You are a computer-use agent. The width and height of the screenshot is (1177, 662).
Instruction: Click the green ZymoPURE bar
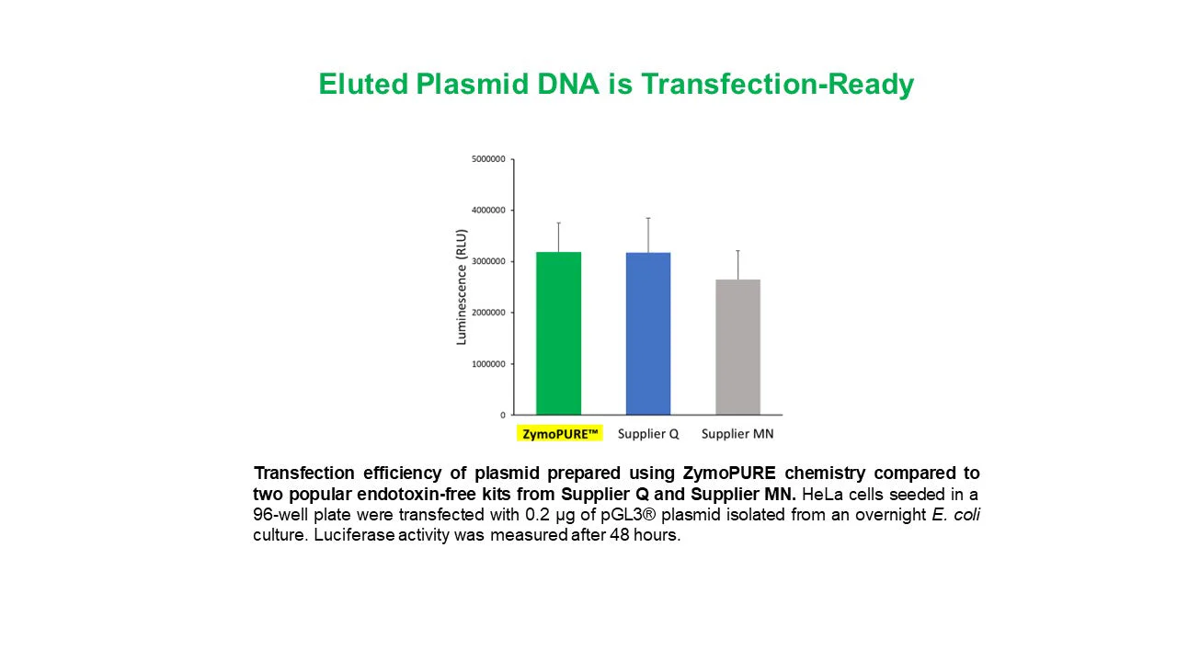pyautogui.click(x=558, y=334)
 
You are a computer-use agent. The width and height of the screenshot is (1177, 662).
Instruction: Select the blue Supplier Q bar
pyautogui.click(x=648, y=334)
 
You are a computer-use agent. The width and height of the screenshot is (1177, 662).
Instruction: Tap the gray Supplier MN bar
pyautogui.click(x=737, y=348)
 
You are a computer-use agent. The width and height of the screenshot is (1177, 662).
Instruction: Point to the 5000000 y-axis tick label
pyautogui.click(x=488, y=159)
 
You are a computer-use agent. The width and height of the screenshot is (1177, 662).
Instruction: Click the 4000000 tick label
pyautogui.click(x=488, y=211)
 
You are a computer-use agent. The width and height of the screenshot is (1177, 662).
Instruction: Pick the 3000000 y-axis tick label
pyautogui.click(x=488, y=261)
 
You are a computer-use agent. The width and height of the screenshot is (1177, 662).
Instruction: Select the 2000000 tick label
pyautogui.click(x=488, y=313)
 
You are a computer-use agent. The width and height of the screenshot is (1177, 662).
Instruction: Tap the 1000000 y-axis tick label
pyautogui.click(x=488, y=363)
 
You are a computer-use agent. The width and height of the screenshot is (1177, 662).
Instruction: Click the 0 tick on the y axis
pyautogui.click(x=503, y=415)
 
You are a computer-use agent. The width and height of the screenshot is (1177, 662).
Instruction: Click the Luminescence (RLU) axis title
pyautogui.click(x=462, y=287)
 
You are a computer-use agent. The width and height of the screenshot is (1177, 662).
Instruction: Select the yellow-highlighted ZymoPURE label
pyautogui.click(x=560, y=433)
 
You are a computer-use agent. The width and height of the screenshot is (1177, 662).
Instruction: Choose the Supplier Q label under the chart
pyautogui.click(x=648, y=434)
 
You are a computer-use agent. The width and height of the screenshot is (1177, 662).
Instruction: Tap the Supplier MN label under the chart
pyautogui.click(x=737, y=434)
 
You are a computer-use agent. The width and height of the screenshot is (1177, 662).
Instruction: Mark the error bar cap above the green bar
pyautogui.click(x=558, y=223)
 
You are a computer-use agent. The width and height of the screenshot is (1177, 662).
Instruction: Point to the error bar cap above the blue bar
pyautogui.click(x=648, y=218)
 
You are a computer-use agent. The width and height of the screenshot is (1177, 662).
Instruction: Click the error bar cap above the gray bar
pyautogui.click(x=737, y=251)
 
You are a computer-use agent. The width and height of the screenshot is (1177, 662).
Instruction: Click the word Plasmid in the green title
pyautogui.click(x=472, y=84)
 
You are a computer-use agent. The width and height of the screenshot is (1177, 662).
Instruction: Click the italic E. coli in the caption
pyautogui.click(x=955, y=514)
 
